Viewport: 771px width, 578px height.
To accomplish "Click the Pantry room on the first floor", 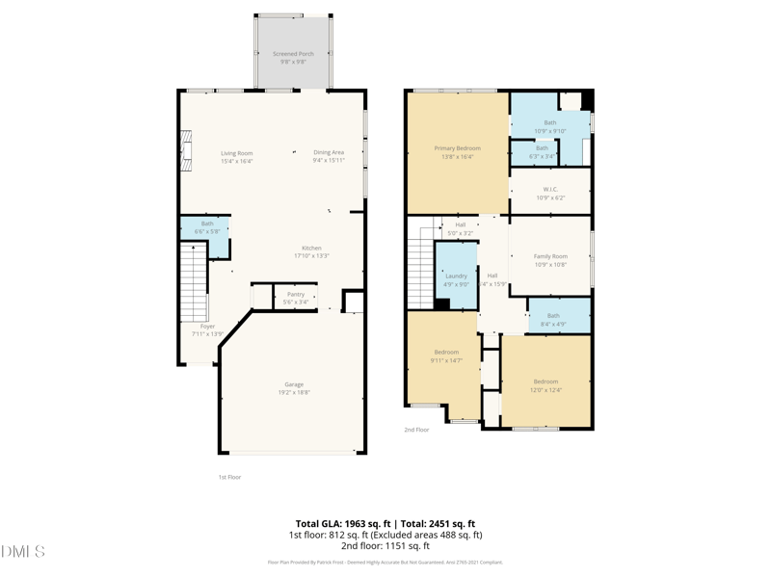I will click(296, 298).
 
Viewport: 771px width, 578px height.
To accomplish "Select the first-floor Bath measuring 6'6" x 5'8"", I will click(207, 227).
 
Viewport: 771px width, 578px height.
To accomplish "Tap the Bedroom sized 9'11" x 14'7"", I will click(446, 356).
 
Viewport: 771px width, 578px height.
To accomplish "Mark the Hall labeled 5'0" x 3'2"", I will click(461, 228).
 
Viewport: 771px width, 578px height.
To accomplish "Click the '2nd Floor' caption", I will click(416, 430).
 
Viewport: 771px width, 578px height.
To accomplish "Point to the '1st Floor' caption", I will click(229, 477).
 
